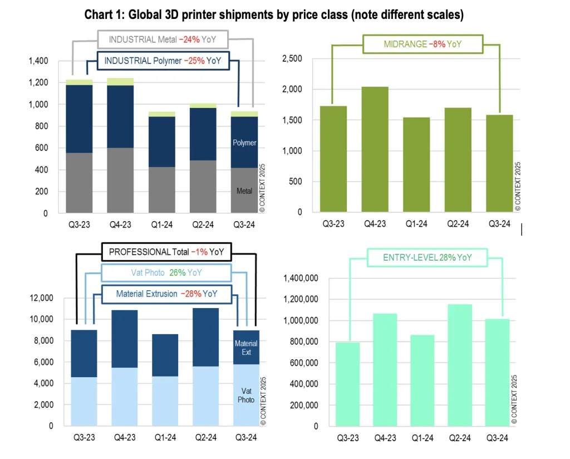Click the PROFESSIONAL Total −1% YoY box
click(166, 252)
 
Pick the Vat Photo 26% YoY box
click(166, 273)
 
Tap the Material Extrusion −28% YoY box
click(166, 294)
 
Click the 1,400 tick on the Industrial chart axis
click(38, 61)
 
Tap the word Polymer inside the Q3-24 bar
click(244, 143)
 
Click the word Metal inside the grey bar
click(244, 191)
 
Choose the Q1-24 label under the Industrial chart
click(161, 225)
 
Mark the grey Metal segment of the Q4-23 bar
click(120, 180)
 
